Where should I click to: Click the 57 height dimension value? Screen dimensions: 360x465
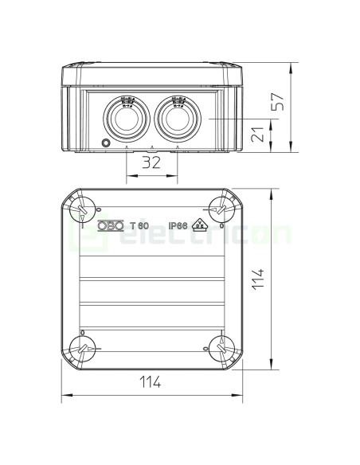pos(278,102)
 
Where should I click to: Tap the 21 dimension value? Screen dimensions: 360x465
pos(256,135)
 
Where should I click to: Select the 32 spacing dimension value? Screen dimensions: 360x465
pos(151,162)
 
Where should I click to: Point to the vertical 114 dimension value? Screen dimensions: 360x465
pos(257,279)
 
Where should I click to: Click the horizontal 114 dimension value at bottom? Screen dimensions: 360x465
pos(150,382)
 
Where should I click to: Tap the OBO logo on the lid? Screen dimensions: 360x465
pos(111,225)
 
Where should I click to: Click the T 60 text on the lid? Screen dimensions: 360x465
pos(139,225)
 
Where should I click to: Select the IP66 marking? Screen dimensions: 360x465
pos(178,225)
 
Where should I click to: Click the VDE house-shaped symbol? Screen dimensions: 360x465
pos(200,225)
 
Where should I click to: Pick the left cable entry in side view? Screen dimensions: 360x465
pos(127,119)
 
